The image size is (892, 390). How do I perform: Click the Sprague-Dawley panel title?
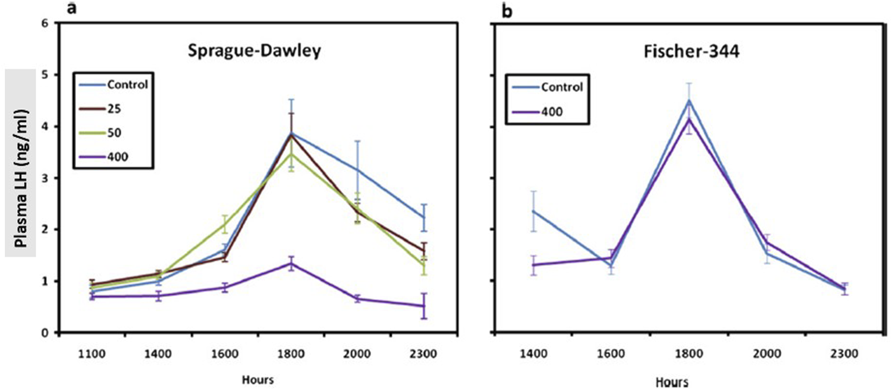pos(254,51)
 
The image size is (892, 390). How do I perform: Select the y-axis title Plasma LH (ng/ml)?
pos(21,163)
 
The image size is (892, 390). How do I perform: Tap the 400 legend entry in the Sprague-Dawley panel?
pos(117,157)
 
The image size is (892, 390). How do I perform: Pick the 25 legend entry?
pos(114,108)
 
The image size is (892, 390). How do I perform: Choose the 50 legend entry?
pos(114,133)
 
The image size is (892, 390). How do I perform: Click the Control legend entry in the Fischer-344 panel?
pos(561,87)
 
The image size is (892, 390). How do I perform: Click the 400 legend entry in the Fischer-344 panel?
pos(552,111)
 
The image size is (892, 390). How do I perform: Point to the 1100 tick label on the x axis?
pos(92,354)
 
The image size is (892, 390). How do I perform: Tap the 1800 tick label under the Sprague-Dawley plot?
pos(290,354)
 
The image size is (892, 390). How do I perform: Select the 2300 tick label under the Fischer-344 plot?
pos(844,354)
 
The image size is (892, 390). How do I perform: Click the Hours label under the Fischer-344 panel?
pos(672,382)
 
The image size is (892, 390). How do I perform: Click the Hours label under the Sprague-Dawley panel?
pos(258,379)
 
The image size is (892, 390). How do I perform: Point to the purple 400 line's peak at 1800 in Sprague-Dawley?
pos(291,264)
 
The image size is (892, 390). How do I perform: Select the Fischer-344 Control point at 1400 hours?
pos(534,211)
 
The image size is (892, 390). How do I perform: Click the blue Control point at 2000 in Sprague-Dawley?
pos(357,170)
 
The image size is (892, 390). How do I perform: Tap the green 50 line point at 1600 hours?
pos(225,224)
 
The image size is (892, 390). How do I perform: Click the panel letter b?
pos(507,11)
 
